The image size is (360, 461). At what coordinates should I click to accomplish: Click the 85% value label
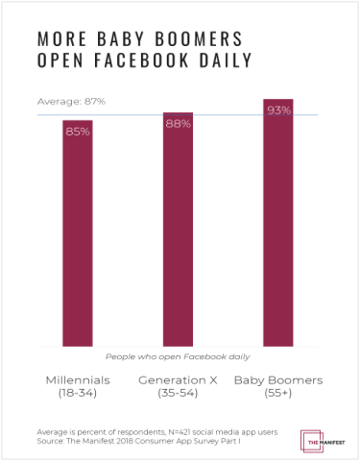(79, 131)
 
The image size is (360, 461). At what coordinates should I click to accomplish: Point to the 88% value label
(178, 123)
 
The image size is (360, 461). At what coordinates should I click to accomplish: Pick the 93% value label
(278, 109)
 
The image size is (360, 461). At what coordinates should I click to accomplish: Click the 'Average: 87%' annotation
(70, 102)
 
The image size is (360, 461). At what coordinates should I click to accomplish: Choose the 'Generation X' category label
(178, 379)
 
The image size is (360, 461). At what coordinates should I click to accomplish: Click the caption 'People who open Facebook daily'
(179, 355)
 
